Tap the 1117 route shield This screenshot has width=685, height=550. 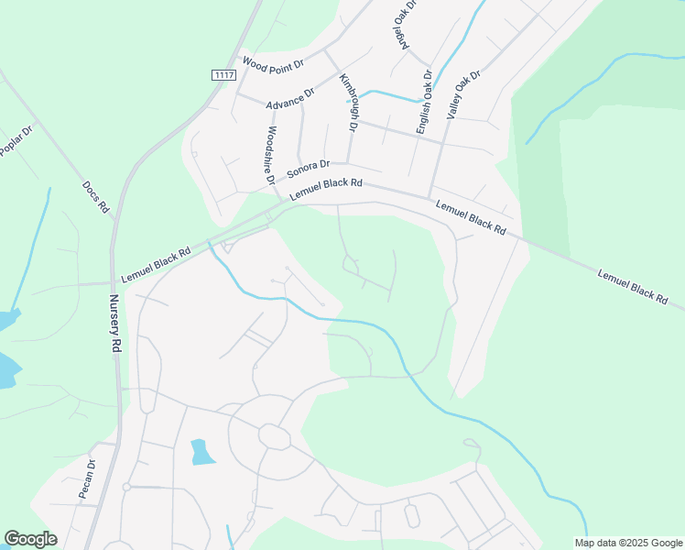click(x=222, y=74)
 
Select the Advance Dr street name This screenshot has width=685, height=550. click(x=290, y=99)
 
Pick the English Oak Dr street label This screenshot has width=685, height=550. click(x=424, y=103)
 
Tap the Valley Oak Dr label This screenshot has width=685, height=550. click(x=462, y=95)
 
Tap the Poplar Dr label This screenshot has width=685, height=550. click(x=16, y=140)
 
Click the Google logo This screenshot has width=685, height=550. click(x=30, y=539)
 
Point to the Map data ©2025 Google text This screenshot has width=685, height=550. click(x=628, y=543)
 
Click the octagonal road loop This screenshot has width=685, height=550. click(x=275, y=436)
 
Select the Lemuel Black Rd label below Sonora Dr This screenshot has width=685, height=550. click(x=326, y=189)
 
